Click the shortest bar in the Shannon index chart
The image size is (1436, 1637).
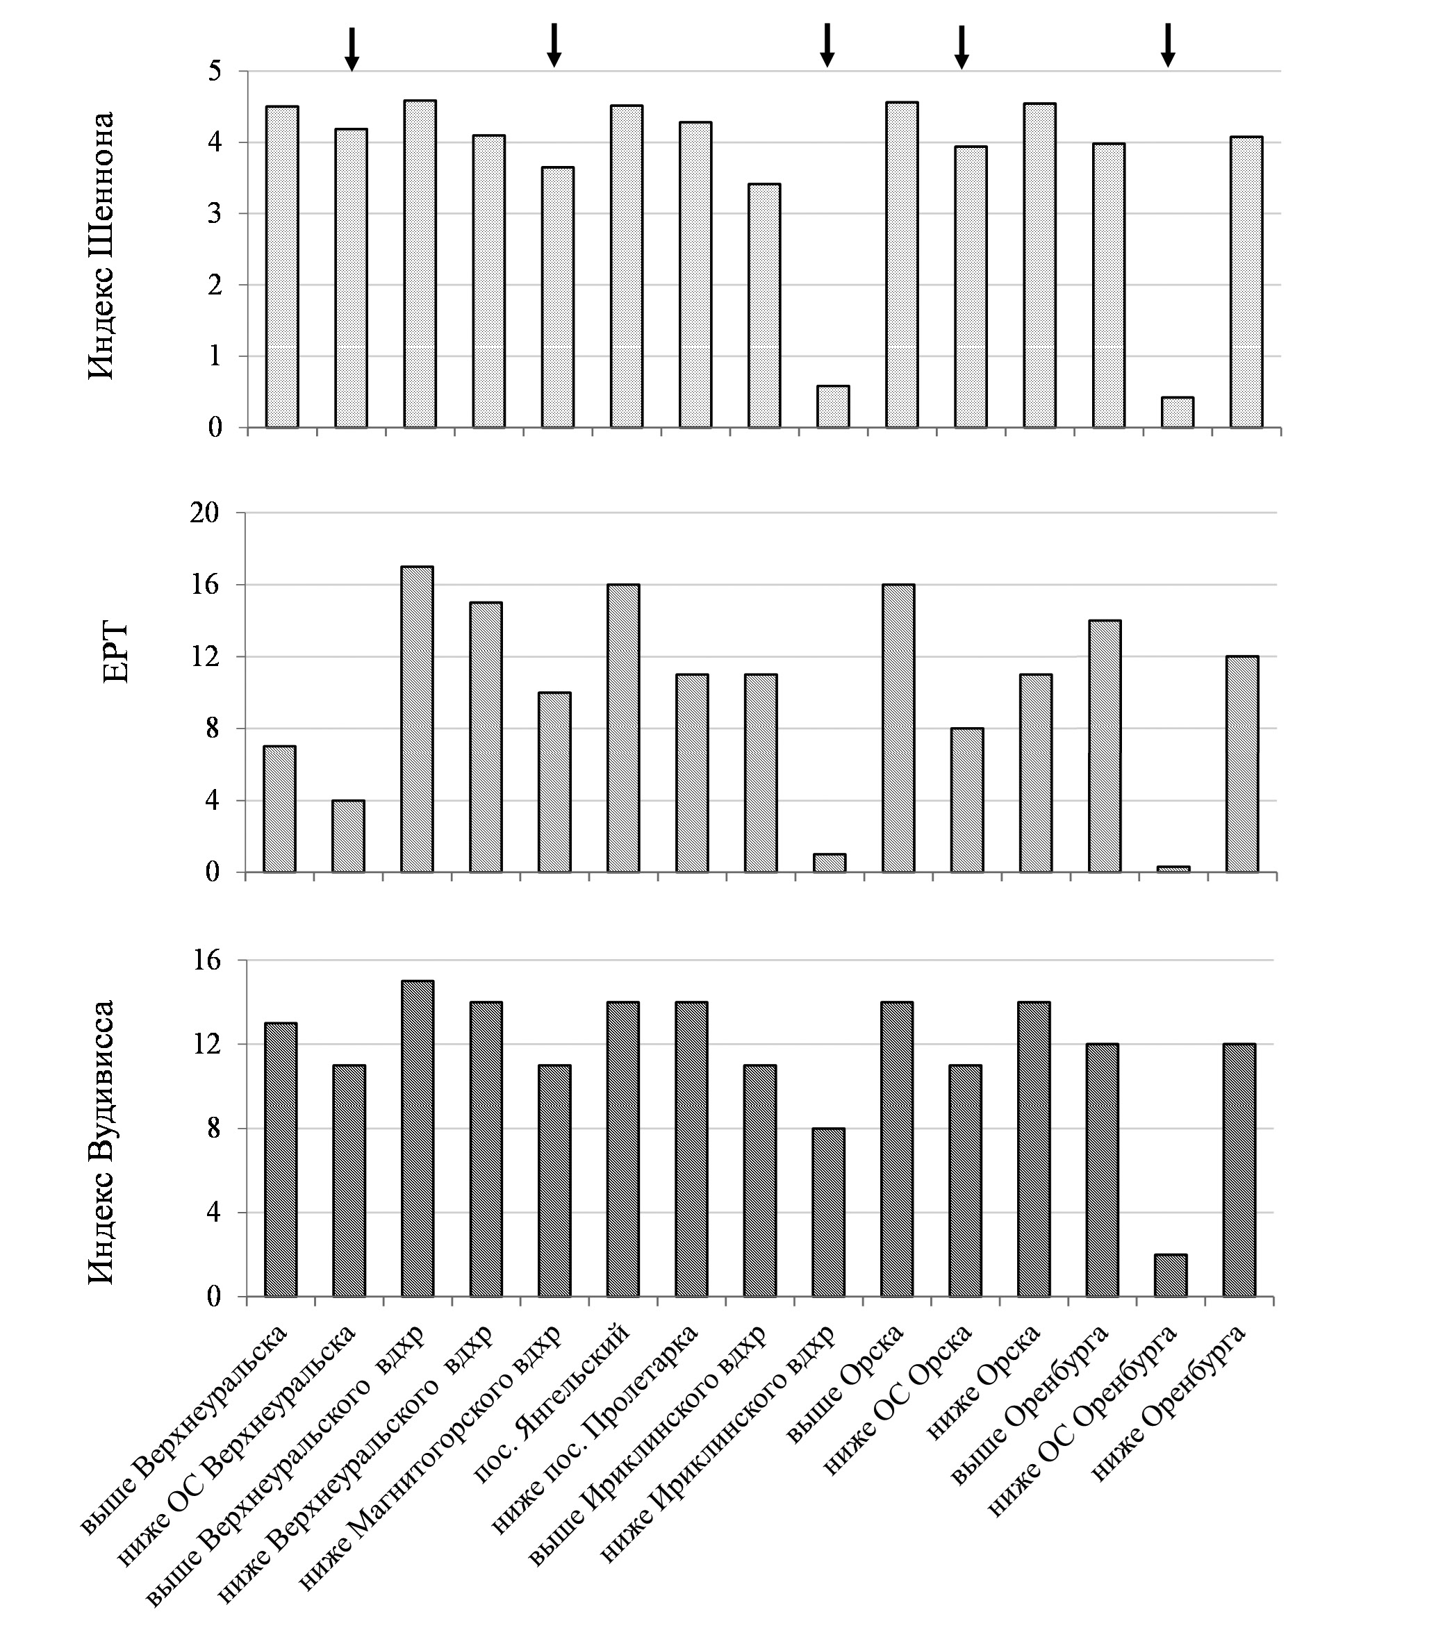click(1178, 413)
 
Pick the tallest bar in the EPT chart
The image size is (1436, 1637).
click(416, 718)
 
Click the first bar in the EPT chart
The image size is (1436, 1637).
click(279, 808)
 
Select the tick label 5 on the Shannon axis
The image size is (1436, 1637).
click(215, 72)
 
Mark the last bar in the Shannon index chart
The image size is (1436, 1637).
click(1246, 282)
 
